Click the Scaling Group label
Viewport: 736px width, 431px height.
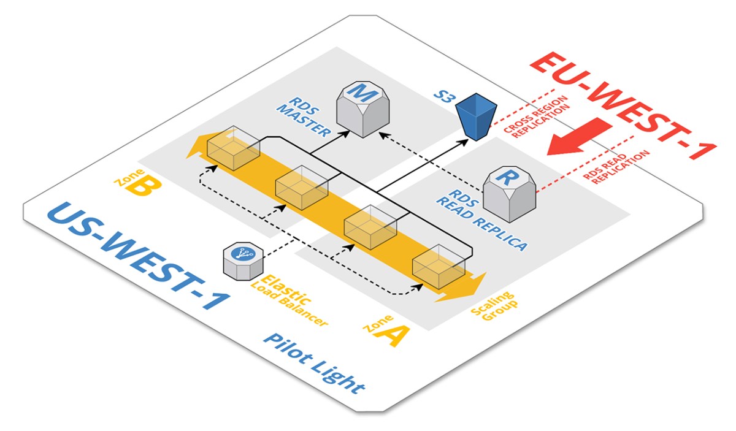pyautogui.click(x=493, y=306)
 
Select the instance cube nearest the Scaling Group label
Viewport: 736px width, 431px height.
pyautogui.click(x=439, y=267)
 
